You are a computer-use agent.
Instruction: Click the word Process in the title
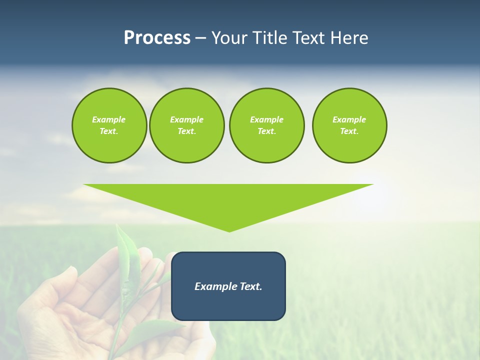tap(157, 38)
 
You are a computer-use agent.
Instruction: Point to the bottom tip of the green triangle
tap(229, 231)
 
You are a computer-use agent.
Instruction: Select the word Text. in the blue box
tap(251, 286)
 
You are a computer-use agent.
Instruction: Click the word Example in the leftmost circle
tap(109, 119)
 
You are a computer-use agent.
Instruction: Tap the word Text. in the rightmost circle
tap(349, 131)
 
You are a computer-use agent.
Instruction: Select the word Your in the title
tap(230, 38)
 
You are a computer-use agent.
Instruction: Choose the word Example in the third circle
tap(266, 119)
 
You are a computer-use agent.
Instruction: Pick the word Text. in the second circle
tap(186, 131)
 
